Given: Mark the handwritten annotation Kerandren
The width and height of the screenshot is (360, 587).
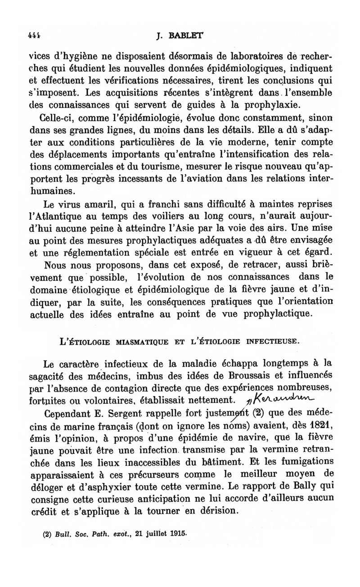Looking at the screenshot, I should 281,398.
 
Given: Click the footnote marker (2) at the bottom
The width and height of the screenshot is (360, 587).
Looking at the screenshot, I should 46,536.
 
